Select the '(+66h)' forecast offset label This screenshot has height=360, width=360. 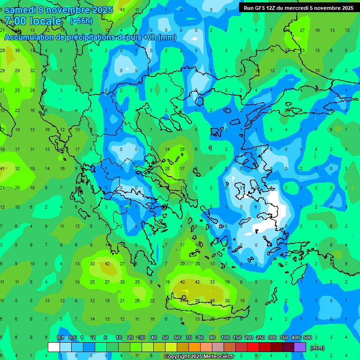81,21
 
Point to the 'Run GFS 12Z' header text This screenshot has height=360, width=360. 260,7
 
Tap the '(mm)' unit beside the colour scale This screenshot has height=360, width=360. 317,348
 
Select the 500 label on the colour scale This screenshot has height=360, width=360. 307,337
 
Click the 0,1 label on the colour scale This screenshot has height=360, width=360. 60,337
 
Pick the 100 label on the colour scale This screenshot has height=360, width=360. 225,337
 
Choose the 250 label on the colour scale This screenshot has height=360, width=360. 260,337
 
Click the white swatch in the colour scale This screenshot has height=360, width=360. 54,347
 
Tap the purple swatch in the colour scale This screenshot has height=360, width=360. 300,347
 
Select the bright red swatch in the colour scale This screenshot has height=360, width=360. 253,347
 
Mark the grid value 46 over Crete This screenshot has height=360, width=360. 212,300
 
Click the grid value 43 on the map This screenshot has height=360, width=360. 122,9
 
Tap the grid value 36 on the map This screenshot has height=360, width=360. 17,50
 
